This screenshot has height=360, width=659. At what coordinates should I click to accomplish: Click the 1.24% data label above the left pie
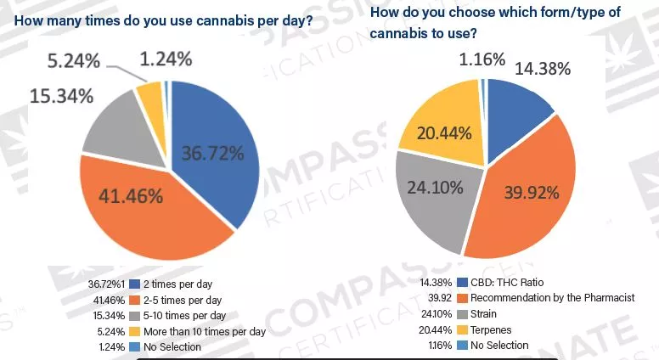coord(166,59)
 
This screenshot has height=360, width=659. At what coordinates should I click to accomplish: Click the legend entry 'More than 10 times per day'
coord(205,331)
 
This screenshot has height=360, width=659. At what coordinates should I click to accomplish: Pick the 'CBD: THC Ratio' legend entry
coord(509,283)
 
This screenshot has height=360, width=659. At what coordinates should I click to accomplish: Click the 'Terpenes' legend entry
coord(493,329)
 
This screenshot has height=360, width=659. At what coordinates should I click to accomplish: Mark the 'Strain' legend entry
coord(487,314)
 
